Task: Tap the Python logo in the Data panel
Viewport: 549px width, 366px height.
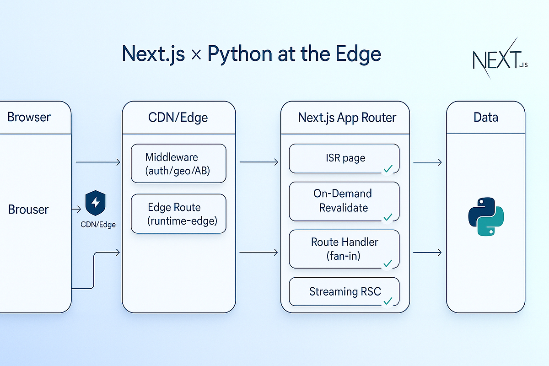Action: coord(486,217)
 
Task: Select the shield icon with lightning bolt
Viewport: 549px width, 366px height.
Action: coord(96,203)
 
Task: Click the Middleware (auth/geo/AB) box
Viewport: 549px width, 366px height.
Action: coord(178,163)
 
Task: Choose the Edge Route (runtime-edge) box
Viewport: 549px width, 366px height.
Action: coord(178,214)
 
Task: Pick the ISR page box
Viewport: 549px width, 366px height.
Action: coord(344,158)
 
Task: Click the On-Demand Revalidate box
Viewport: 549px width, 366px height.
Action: coord(344,201)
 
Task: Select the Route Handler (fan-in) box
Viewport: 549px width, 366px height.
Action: coord(344,249)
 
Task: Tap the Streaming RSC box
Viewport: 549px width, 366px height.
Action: coord(344,291)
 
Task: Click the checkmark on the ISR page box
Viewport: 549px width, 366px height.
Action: coord(388,169)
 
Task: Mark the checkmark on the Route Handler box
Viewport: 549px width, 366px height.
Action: coord(388,264)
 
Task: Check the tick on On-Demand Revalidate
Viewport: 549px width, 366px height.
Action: coord(388,216)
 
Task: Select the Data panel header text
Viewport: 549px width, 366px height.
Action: coord(485,118)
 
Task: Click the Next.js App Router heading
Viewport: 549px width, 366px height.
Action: coord(347,118)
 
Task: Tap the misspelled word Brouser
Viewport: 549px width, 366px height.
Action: coord(28,210)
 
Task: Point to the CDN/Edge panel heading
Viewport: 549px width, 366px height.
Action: coord(178,118)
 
